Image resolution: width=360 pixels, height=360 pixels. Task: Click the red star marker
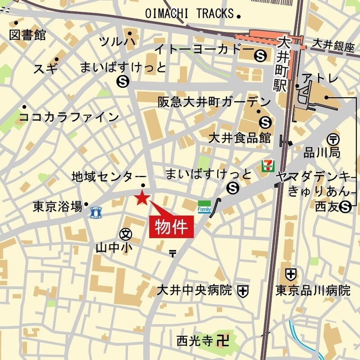click(x=142, y=197)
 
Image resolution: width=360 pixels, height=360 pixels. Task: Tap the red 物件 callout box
click(x=171, y=226)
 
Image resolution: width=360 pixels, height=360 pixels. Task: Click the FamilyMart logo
click(x=204, y=207)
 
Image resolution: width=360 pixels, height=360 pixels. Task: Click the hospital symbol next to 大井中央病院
click(x=243, y=291)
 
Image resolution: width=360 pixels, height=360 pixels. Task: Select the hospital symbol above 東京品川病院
click(x=291, y=273)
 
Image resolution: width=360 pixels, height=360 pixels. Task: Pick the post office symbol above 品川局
click(x=334, y=139)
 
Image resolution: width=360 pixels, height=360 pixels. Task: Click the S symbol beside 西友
click(x=346, y=207)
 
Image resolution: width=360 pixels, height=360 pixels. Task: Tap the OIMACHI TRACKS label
click(x=190, y=14)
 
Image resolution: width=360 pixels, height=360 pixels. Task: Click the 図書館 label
click(x=27, y=35)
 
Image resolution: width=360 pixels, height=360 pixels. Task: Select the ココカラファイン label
click(x=69, y=117)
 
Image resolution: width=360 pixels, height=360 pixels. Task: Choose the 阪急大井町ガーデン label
click(x=214, y=102)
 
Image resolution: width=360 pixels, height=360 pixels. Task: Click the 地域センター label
click(x=109, y=177)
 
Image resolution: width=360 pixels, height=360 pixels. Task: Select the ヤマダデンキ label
click(x=314, y=176)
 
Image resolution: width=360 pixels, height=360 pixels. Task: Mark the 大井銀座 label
click(x=333, y=45)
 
